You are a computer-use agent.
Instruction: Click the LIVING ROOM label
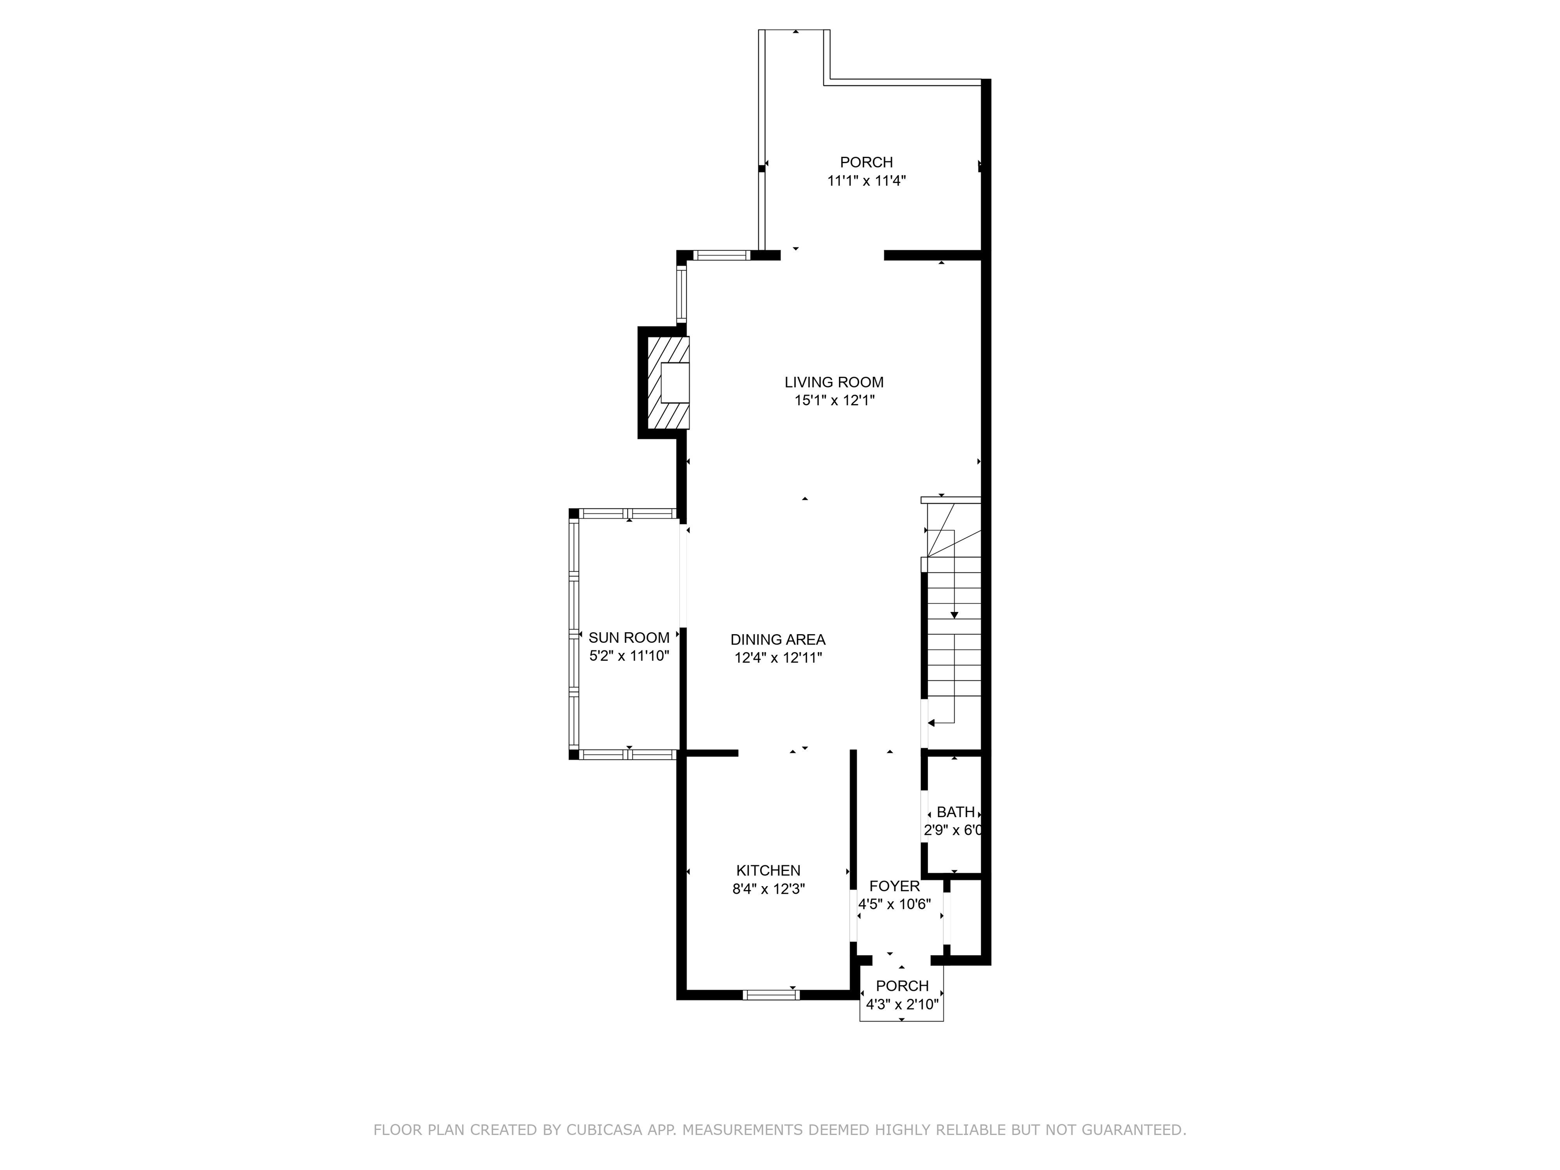tap(834, 382)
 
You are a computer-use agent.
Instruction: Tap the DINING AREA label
tap(778, 640)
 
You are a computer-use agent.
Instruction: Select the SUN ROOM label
tap(629, 637)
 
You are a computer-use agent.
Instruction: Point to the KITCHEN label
tap(769, 870)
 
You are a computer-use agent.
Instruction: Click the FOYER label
tap(894, 887)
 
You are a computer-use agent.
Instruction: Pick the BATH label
tap(956, 812)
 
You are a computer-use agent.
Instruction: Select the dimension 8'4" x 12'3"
tap(769, 889)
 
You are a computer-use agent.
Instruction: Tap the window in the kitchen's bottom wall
tap(771, 994)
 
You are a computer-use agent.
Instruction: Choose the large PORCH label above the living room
tap(866, 162)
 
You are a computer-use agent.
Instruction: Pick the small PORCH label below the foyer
tap(902, 986)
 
